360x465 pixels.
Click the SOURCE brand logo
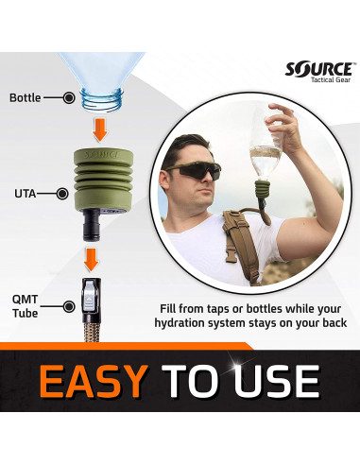click(319, 69)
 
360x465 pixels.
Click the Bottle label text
click(25, 97)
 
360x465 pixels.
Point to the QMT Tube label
click(26, 305)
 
